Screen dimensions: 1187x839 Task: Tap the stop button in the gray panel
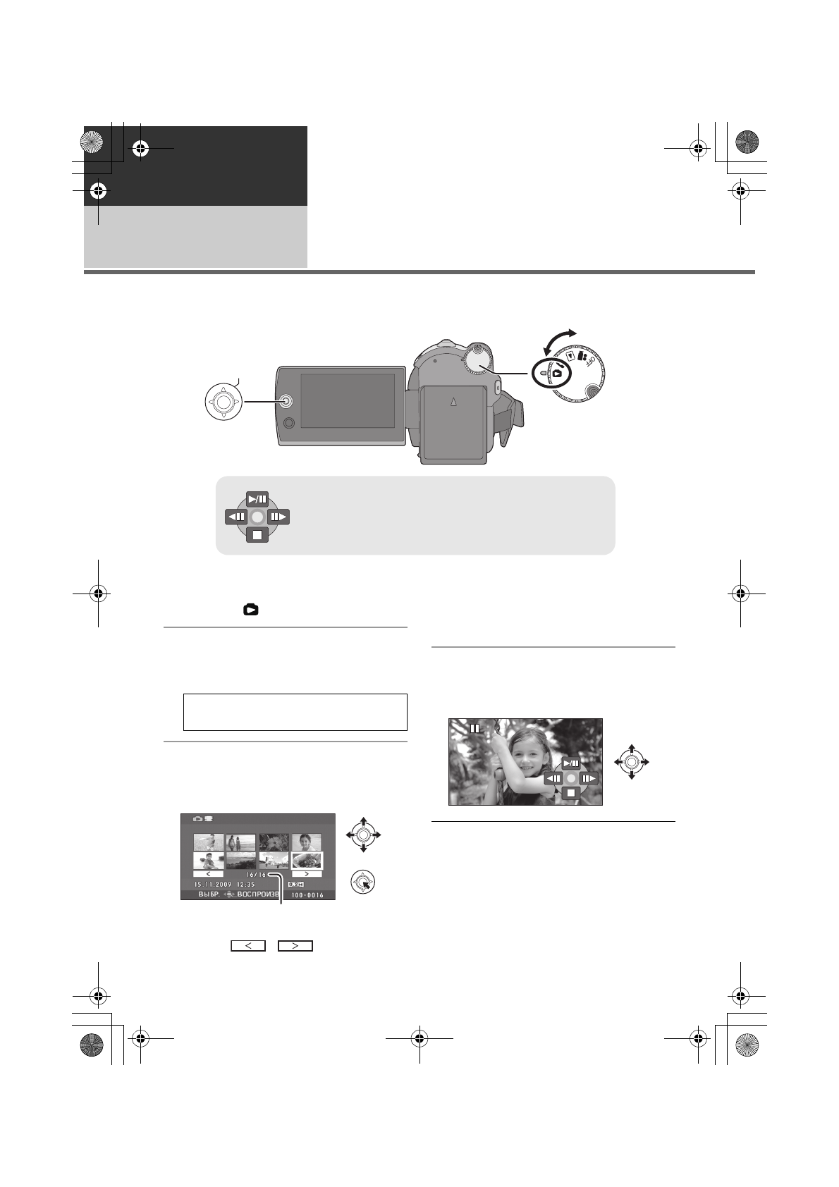click(257, 535)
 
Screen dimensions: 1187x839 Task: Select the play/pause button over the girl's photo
click(571, 763)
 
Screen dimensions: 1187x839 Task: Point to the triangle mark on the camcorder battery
click(453, 402)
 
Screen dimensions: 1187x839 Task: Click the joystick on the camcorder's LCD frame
click(286, 400)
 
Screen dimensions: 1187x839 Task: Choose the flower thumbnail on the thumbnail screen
click(274, 842)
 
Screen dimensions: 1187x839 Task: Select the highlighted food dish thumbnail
click(307, 860)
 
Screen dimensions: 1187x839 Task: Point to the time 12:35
click(245, 884)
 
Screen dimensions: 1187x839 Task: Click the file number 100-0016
click(307, 895)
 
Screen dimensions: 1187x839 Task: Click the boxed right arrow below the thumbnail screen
click(295, 946)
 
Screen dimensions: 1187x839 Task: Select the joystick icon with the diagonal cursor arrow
click(362, 882)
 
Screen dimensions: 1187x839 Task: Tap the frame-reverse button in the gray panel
click(235, 517)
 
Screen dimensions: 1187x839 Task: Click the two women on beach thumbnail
click(240, 842)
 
